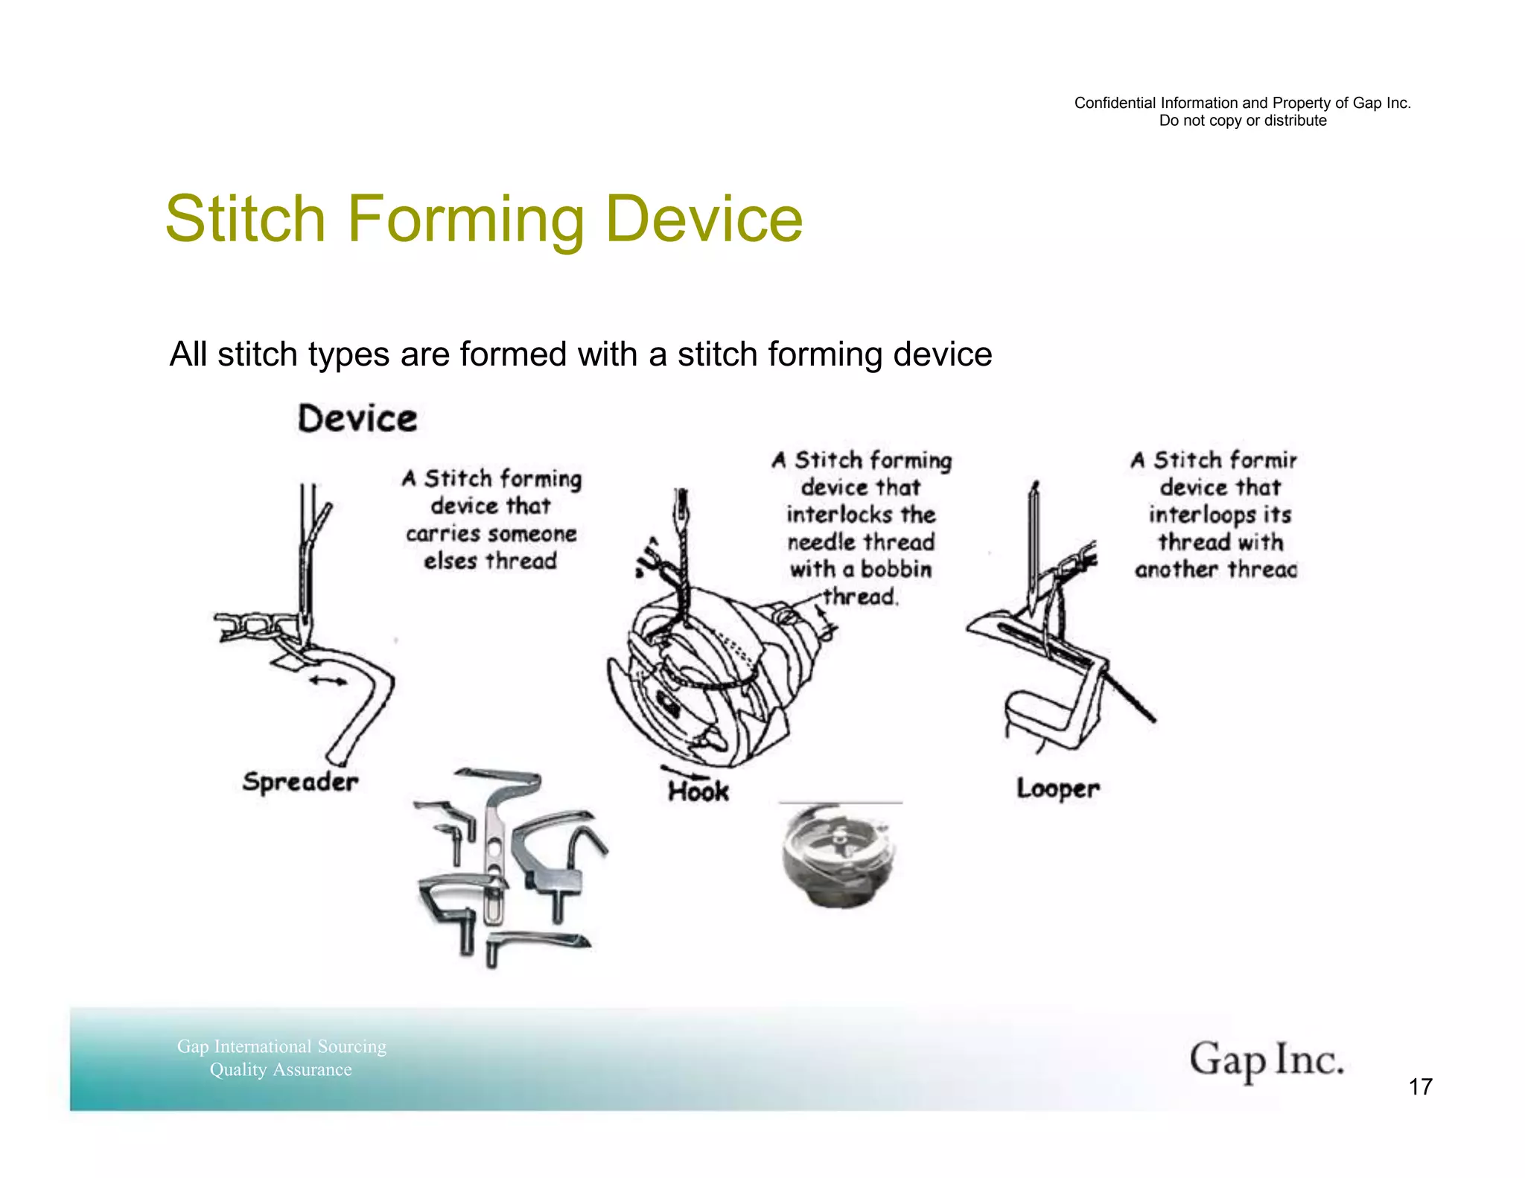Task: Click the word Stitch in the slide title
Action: point(245,219)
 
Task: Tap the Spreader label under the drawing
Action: point(300,782)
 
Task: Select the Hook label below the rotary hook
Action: point(698,792)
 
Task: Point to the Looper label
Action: point(1057,789)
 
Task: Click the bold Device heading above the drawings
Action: point(357,418)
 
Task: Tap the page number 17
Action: point(1420,1087)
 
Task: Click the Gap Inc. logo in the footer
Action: point(1266,1060)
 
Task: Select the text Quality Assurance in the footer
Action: point(281,1070)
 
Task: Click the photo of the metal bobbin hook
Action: point(840,856)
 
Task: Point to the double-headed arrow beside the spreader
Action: point(328,680)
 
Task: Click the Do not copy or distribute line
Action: point(1242,121)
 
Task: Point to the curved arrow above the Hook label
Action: point(681,771)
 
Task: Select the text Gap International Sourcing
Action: point(281,1046)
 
